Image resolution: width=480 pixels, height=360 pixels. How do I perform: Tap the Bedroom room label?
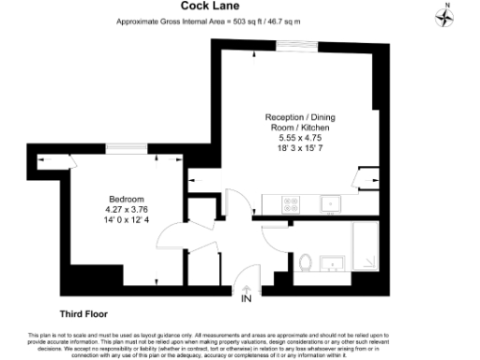(x=126, y=199)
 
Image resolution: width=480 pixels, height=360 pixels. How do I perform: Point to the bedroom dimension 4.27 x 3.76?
(x=126, y=209)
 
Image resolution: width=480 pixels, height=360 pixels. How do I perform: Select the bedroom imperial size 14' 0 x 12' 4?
(x=126, y=219)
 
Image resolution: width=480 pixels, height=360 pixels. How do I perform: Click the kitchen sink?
(x=330, y=202)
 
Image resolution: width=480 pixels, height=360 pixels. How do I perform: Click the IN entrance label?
(x=247, y=299)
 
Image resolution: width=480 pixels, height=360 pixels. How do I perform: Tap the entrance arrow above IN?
(x=247, y=288)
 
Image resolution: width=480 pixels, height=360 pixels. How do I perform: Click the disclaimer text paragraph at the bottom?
(x=240, y=343)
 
